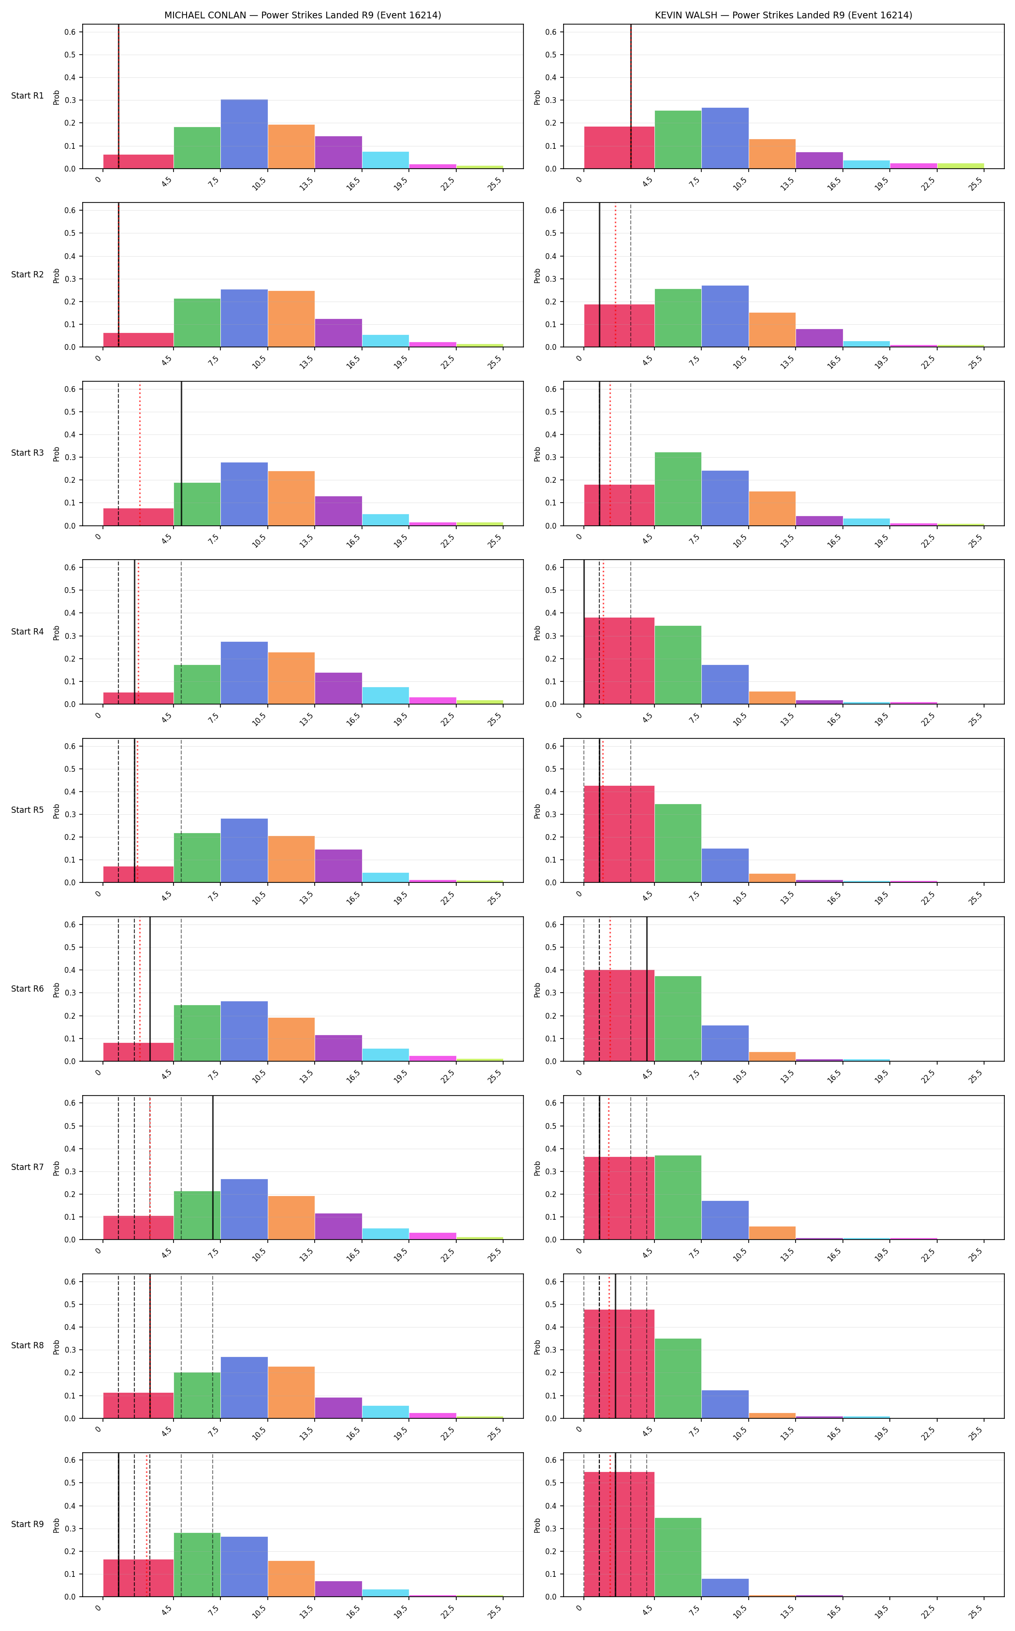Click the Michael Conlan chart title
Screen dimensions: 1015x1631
(303, 15)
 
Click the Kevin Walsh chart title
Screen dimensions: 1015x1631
(783, 15)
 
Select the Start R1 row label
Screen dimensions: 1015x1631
(28, 96)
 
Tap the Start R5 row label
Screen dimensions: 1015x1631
(28, 810)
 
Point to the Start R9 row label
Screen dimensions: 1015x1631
(28, 1524)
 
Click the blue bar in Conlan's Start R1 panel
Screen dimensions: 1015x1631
(245, 134)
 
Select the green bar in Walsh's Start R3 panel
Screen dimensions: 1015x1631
(678, 489)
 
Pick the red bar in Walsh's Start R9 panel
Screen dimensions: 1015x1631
(619, 1534)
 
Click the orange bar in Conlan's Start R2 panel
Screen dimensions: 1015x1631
(291, 319)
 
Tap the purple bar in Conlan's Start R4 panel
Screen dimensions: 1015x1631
(338, 688)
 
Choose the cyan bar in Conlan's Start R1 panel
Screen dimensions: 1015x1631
(385, 160)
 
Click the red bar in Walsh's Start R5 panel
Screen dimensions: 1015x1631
(619, 834)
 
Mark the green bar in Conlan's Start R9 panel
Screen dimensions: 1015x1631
(197, 1565)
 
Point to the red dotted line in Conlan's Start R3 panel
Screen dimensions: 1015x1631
(140, 454)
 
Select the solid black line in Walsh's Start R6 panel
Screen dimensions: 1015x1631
(647, 989)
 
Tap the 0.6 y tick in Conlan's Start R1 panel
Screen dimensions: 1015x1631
(71, 31)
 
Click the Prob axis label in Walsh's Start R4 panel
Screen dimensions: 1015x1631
(537, 632)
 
